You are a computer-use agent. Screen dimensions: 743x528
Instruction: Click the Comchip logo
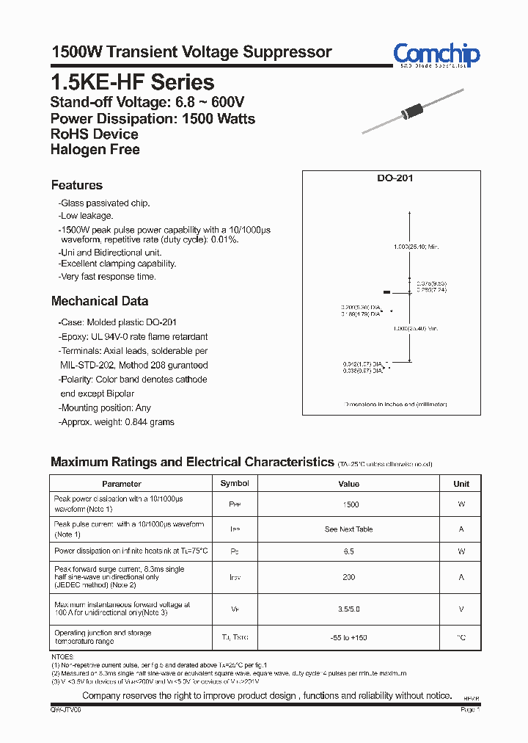tap(436, 54)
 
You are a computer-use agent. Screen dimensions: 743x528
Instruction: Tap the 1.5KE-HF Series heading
tap(132, 82)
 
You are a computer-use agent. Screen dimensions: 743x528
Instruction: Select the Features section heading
tap(77, 185)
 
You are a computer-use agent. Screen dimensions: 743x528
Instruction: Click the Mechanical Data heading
tap(100, 301)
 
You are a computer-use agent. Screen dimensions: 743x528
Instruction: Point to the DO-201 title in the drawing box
tap(392, 178)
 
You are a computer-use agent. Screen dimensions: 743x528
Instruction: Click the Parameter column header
tap(122, 484)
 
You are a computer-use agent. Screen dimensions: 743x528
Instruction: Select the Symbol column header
tap(235, 484)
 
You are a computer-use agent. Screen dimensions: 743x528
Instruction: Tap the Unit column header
tap(461, 484)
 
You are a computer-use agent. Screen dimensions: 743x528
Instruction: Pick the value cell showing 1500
tap(351, 504)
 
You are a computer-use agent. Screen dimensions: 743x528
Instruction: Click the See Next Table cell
tap(349, 529)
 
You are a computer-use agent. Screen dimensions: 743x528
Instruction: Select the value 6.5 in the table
tap(349, 551)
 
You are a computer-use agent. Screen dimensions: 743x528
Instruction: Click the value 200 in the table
tap(349, 577)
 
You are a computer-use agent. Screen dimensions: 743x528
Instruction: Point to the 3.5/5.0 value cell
tap(349, 609)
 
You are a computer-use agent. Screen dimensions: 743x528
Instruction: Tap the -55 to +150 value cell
tap(349, 637)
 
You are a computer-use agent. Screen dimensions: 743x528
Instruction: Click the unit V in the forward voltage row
tap(461, 609)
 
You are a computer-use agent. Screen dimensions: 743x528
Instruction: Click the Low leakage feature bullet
tap(87, 216)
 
